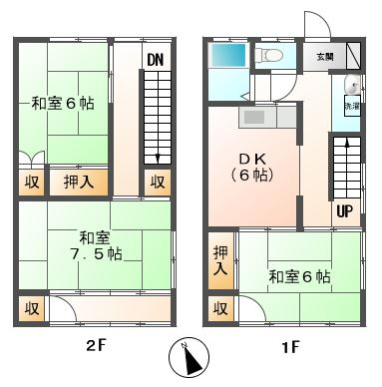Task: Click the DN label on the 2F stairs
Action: click(x=155, y=60)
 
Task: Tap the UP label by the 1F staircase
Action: click(x=344, y=211)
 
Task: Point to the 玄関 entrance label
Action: click(x=326, y=57)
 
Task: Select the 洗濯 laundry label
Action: click(x=352, y=105)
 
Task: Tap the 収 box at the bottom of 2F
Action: click(x=32, y=308)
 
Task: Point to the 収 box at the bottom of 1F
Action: click(x=219, y=308)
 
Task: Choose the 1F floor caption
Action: click(x=289, y=348)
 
